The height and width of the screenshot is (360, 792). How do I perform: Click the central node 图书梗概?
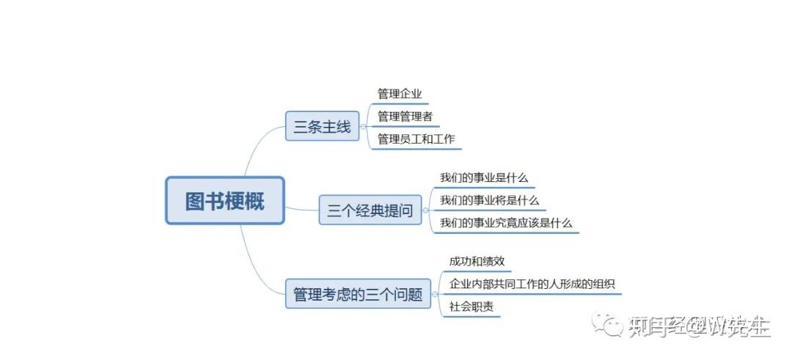coord(224,200)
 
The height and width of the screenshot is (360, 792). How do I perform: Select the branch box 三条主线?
coord(322,127)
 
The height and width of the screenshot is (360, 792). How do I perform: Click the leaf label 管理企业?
coord(400,94)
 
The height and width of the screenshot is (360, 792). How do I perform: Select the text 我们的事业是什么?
coord(483,177)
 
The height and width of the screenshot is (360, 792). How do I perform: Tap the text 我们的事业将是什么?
coord(489,200)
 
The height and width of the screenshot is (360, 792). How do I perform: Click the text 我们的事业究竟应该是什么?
coord(506,223)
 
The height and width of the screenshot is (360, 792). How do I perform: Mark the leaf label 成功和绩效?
coord(477,261)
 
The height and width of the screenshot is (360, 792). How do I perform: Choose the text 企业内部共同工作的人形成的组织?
coord(532,284)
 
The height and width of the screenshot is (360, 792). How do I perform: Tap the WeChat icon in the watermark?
coord(607,323)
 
